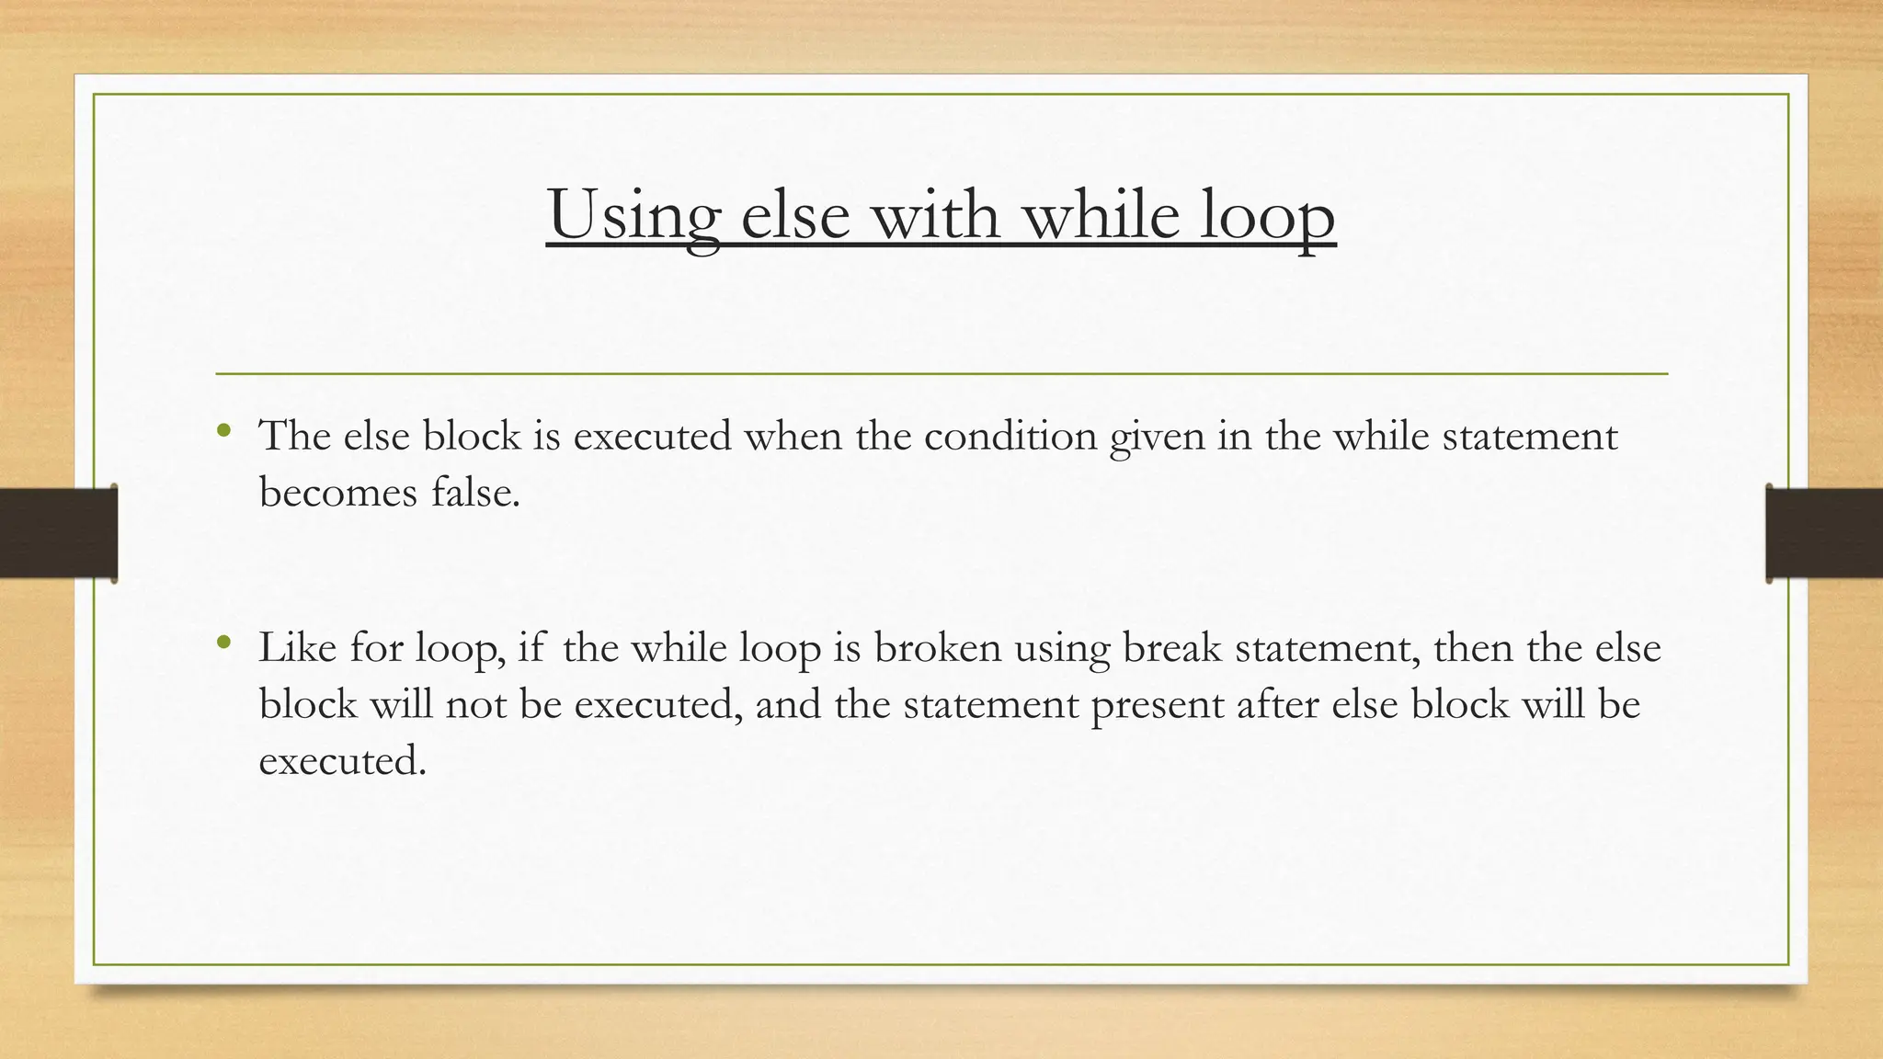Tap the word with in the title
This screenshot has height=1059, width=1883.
934,213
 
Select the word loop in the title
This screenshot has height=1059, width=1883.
1266,215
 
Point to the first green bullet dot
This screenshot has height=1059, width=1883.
223,430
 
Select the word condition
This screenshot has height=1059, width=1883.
1010,436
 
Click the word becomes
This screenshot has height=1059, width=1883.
338,493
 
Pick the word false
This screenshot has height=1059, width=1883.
475,493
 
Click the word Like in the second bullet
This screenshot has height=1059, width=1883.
297,648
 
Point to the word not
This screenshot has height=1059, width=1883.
475,705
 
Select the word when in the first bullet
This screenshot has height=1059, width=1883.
793,436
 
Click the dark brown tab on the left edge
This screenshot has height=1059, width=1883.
58,533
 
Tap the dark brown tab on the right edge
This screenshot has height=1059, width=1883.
1824,533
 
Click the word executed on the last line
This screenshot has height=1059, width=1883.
342,761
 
